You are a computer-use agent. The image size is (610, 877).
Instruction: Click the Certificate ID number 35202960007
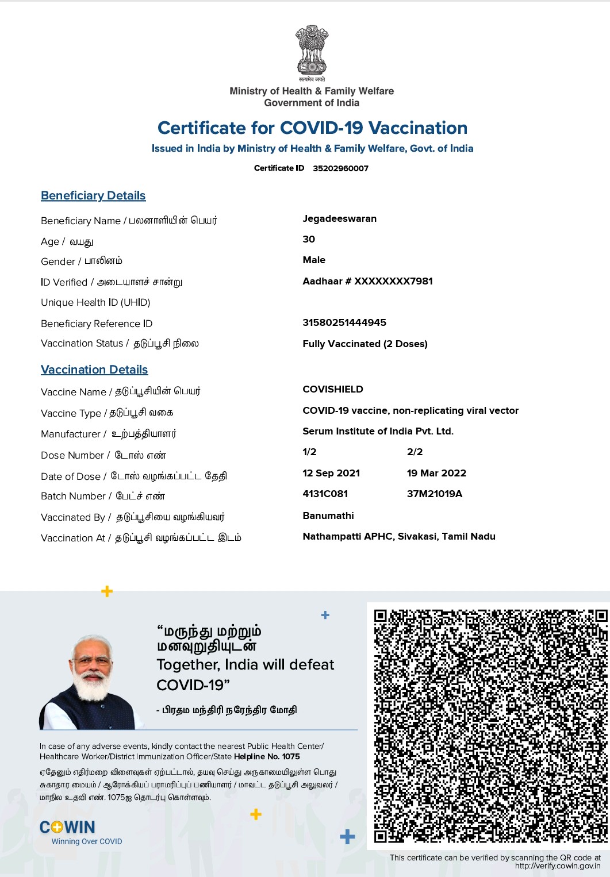[x=340, y=168]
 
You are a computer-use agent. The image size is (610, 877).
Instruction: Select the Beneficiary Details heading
[x=93, y=195]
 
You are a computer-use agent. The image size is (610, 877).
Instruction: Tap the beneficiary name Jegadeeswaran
[x=339, y=218]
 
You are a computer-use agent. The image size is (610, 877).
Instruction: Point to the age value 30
[x=309, y=239]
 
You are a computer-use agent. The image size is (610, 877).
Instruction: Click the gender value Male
[x=314, y=260]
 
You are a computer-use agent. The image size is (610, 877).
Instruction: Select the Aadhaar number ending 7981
[x=367, y=281]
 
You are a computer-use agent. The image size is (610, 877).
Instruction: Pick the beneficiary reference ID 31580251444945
[x=344, y=322]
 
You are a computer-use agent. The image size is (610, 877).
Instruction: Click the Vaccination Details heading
[x=94, y=370]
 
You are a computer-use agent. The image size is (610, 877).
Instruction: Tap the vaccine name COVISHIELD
[x=333, y=389]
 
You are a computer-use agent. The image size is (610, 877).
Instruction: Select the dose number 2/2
[x=415, y=452]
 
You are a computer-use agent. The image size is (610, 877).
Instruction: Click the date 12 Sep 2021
[x=331, y=473]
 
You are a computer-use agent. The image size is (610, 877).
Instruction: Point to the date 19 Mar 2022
[x=436, y=473]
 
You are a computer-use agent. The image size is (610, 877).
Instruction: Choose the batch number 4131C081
[x=325, y=494]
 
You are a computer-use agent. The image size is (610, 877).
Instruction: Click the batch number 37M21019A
[x=434, y=494]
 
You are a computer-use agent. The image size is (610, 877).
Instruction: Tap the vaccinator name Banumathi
[x=328, y=516]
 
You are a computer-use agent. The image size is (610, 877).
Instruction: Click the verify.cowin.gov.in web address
[x=557, y=866]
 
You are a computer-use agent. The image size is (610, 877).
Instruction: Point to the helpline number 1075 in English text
[x=291, y=756]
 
